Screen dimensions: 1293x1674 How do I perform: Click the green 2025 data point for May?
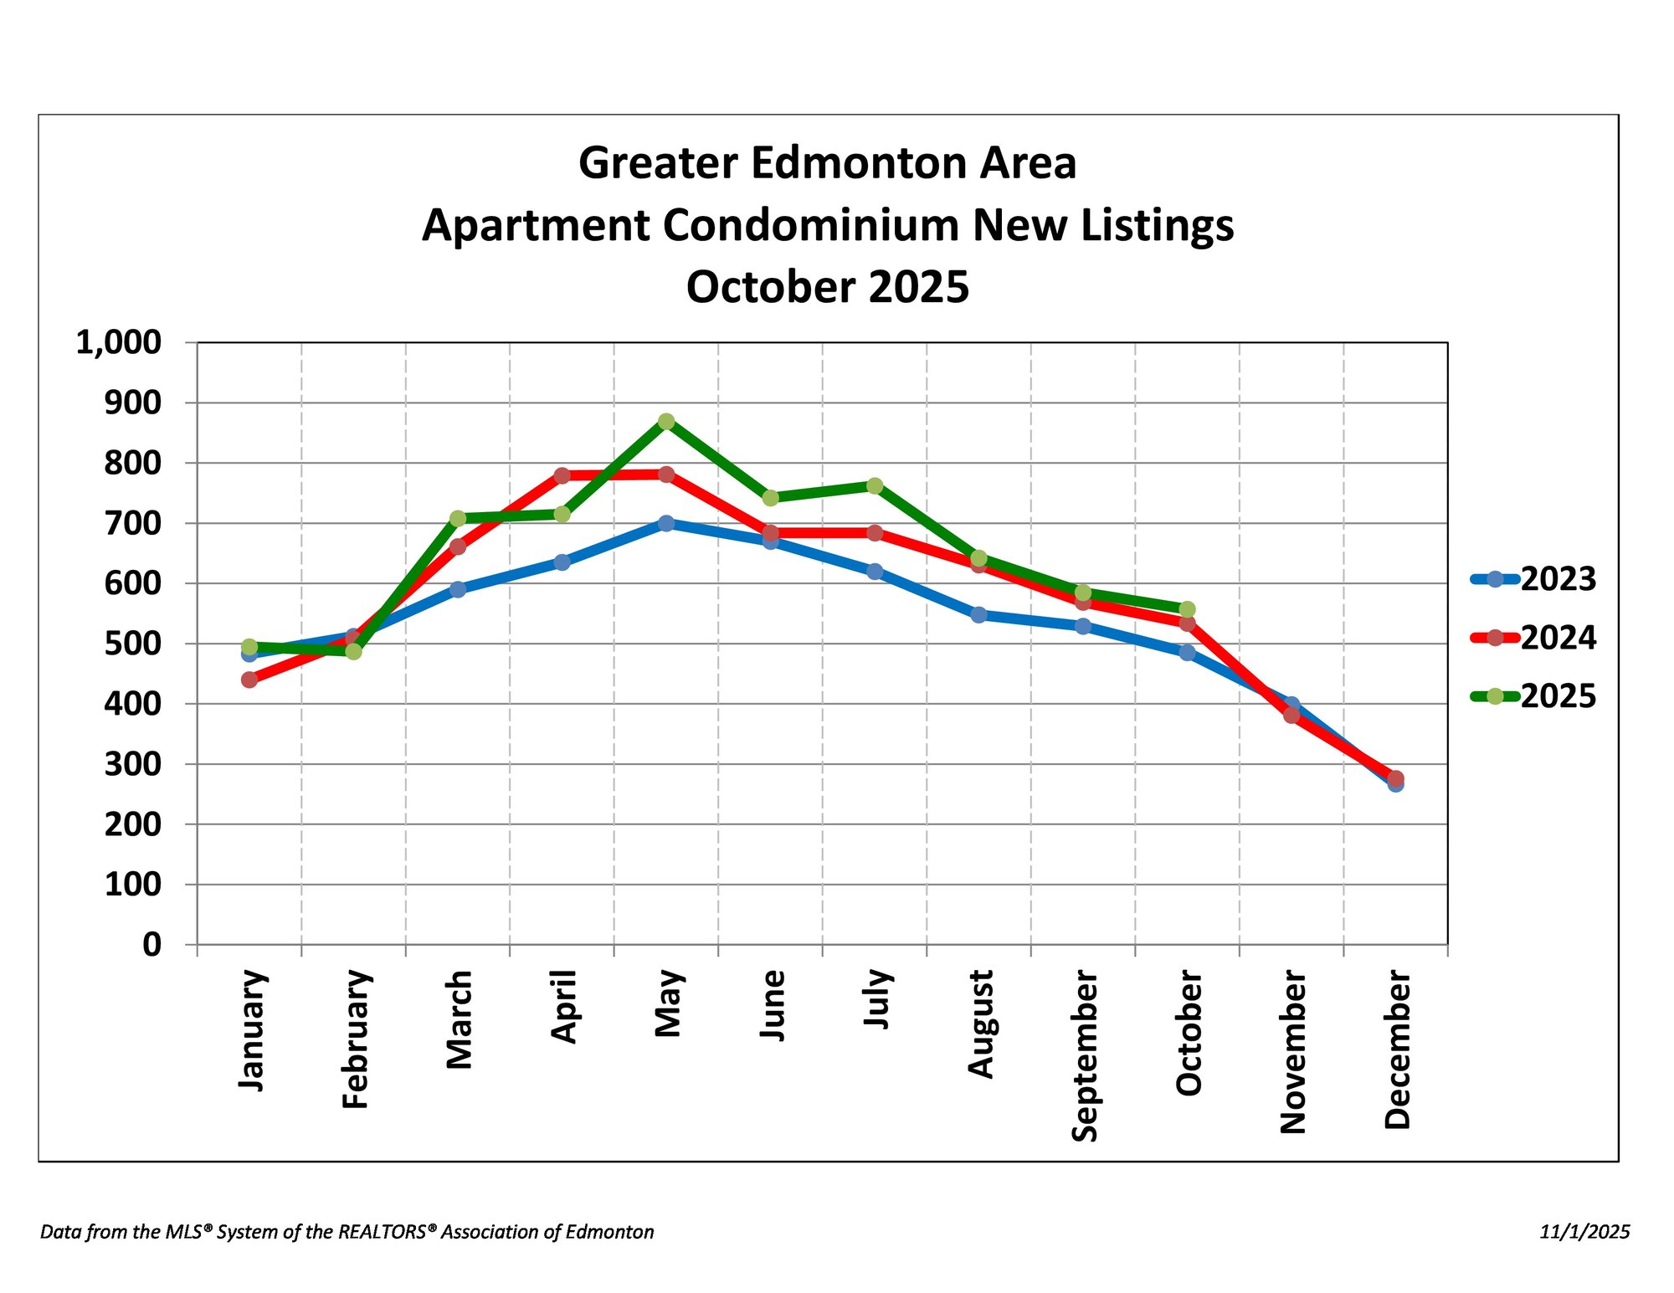click(x=666, y=421)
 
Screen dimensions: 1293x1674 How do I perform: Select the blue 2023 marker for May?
click(x=666, y=523)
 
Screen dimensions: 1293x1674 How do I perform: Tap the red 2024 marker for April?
click(x=562, y=475)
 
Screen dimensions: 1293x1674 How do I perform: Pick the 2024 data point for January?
click(x=249, y=680)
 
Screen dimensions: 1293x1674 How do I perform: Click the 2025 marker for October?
click(x=1187, y=609)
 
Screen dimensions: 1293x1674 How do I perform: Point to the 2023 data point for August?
click(x=978, y=615)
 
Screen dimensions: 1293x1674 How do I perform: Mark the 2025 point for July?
click(x=875, y=486)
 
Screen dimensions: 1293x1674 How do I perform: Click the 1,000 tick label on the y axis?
click(x=118, y=342)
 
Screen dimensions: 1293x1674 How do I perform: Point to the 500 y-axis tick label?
click(x=132, y=644)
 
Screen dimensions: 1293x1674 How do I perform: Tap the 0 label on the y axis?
click(x=151, y=945)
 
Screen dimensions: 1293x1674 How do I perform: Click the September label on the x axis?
click(x=1084, y=1055)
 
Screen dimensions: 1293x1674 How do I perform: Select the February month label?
click(x=355, y=1039)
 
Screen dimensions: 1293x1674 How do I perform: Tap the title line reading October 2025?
click(x=828, y=287)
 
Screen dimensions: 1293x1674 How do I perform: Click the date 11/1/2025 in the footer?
click(x=1584, y=1232)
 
